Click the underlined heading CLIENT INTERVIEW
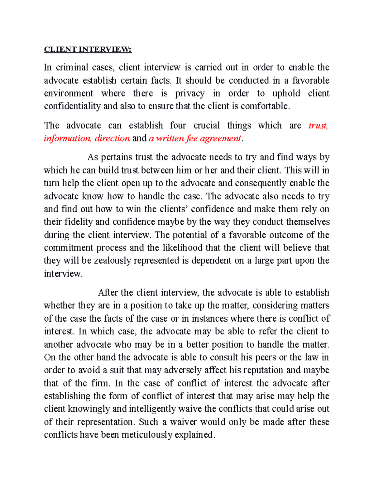[88, 50]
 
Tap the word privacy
[189, 93]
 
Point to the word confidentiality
[72, 106]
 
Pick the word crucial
[206, 125]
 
